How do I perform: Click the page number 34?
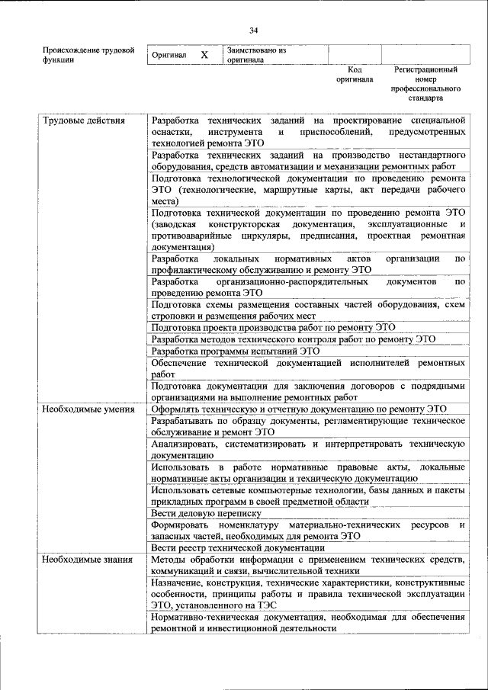point(253,30)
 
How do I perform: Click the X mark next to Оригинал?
point(204,56)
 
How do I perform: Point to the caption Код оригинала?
point(355,74)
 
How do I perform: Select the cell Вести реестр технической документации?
point(227,547)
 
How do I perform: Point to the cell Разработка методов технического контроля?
point(293,339)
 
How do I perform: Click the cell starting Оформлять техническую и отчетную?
point(298,409)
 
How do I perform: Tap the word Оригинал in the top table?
point(169,56)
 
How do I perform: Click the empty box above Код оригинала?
point(354,54)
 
